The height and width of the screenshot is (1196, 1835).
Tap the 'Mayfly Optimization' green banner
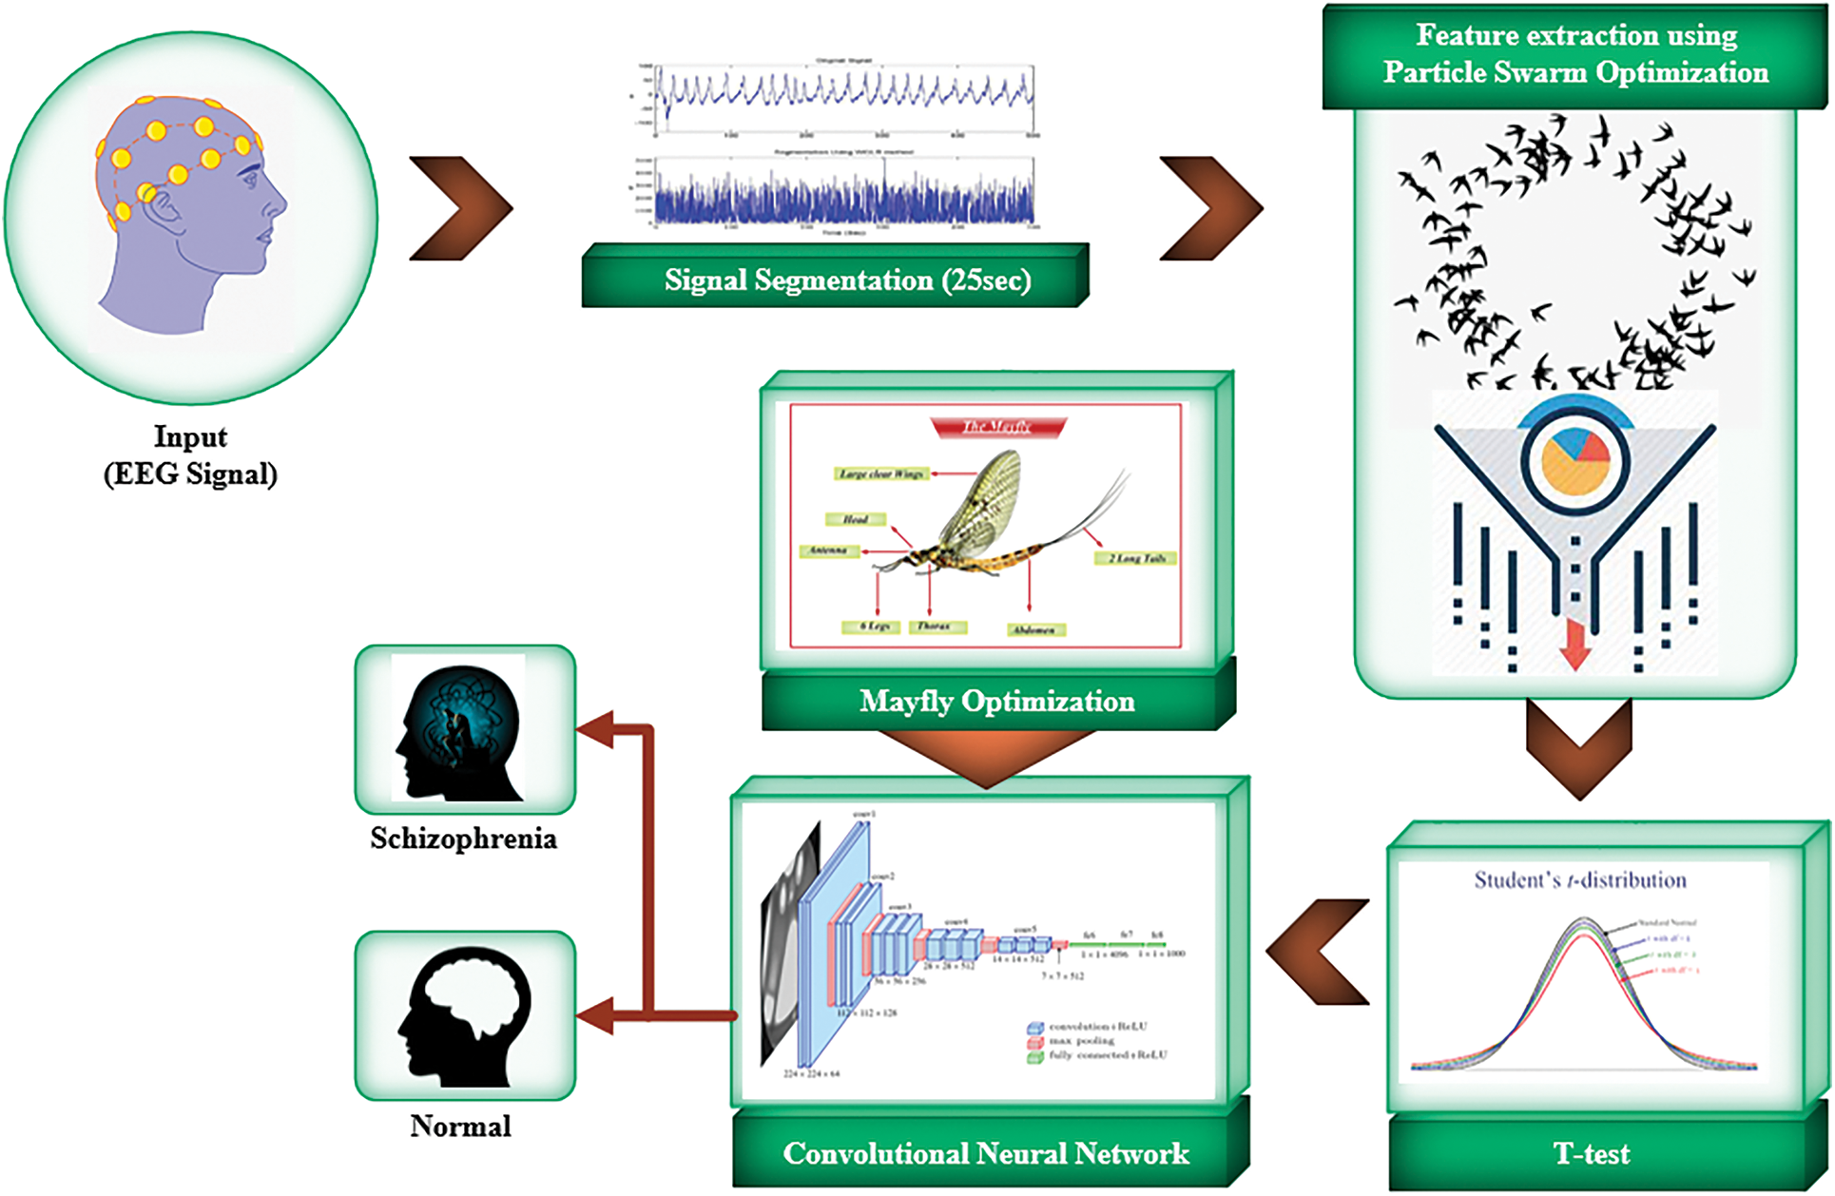(x=996, y=702)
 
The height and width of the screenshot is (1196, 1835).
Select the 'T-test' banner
(x=1591, y=1154)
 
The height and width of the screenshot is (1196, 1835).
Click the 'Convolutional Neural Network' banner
(x=986, y=1154)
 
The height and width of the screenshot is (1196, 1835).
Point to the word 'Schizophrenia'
(x=463, y=839)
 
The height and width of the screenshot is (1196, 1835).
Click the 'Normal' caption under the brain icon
(x=460, y=1127)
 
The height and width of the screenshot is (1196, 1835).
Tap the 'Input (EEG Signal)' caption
(x=190, y=455)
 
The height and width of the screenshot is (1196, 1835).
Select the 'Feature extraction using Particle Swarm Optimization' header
(x=1575, y=54)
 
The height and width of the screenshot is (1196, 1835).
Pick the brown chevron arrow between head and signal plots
(x=462, y=208)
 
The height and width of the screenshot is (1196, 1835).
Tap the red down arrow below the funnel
(x=1575, y=646)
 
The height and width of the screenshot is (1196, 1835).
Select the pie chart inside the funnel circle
(x=1574, y=461)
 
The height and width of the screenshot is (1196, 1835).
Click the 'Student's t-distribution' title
(x=1580, y=880)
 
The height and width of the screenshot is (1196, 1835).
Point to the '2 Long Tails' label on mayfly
(x=1136, y=558)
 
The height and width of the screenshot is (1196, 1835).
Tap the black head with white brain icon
(x=465, y=1017)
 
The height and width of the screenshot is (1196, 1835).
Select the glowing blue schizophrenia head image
(x=459, y=728)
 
